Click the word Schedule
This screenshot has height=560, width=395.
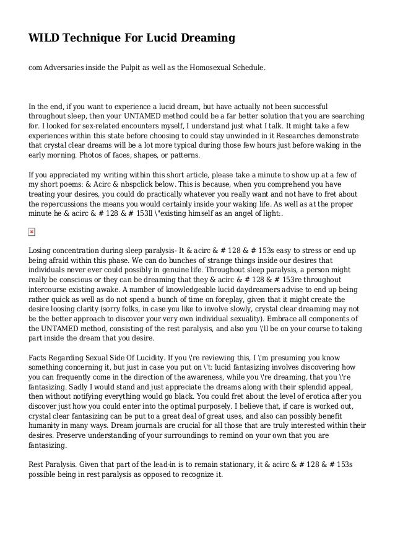click(248, 66)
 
